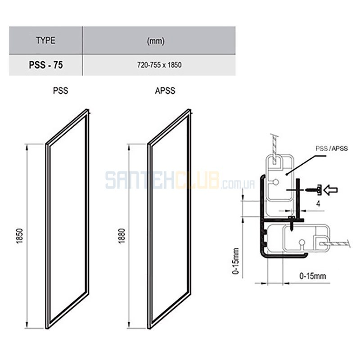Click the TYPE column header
46,40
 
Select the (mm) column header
156,41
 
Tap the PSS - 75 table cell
46,65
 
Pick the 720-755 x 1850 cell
159,65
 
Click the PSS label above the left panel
60,90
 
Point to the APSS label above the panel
165,90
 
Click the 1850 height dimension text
20,236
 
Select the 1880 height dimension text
122,236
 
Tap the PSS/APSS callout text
332,148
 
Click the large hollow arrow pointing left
330,190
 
